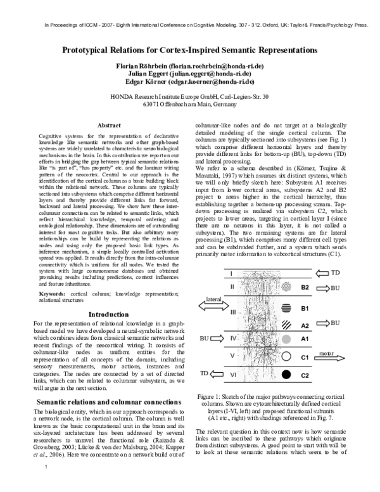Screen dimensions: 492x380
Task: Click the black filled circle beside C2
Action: point(286,375)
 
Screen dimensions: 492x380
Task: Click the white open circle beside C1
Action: point(286,357)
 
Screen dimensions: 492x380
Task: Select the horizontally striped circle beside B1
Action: point(286,308)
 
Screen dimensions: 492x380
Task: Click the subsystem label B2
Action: point(305,287)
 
